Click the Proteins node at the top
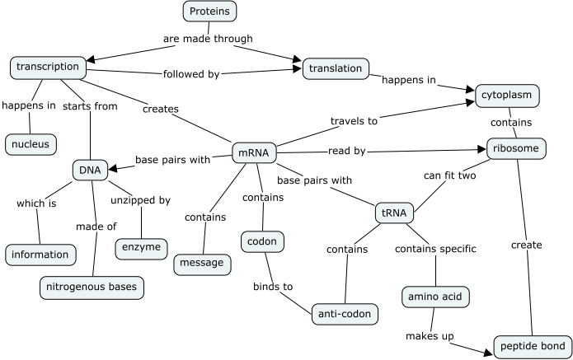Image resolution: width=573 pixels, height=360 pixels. tap(209, 11)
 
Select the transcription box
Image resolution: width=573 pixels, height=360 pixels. tap(47, 67)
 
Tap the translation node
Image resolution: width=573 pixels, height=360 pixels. tap(336, 69)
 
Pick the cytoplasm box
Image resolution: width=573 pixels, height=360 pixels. tap(506, 95)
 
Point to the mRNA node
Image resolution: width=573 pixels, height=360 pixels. tap(254, 153)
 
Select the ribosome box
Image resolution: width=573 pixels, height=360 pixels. tap(516, 148)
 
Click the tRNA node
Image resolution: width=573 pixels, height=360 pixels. tap(394, 212)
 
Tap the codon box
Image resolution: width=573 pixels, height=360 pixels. tap(263, 241)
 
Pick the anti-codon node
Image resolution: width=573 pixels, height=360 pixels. tap(345, 314)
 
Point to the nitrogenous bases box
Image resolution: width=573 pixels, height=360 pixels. tap(92, 288)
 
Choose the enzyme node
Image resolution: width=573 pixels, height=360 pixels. tap(142, 248)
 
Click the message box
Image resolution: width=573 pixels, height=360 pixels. tap(200, 263)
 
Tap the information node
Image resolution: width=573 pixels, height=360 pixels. tap(40, 255)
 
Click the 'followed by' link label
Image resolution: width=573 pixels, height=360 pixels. tap(190, 74)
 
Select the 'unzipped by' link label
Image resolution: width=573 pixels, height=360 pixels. tap(141, 200)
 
